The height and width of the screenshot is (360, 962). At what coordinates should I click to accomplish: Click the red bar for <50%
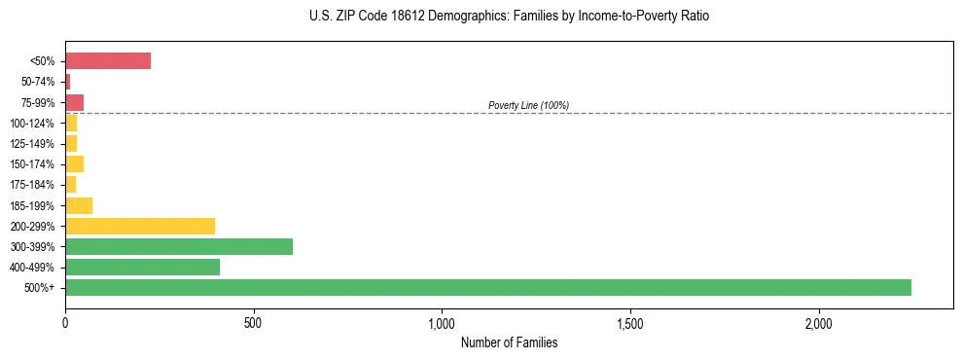(108, 61)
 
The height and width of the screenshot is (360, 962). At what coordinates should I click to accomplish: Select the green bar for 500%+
(488, 287)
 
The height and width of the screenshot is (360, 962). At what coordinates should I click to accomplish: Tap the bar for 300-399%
(179, 246)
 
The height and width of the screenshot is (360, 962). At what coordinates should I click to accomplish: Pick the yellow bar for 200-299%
(140, 226)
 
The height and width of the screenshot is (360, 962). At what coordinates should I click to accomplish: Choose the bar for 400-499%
(142, 267)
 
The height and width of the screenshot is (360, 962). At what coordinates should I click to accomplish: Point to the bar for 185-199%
(79, 205)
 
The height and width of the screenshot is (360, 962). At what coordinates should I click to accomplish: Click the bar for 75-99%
(74, 102)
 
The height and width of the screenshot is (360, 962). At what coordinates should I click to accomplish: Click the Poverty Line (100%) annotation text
(528, 105)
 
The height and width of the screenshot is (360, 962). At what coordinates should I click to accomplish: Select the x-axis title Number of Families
(509, 342)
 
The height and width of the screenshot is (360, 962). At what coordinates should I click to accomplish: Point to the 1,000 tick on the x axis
(442, 322)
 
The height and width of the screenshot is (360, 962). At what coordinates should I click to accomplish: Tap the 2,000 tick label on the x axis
(818, 322)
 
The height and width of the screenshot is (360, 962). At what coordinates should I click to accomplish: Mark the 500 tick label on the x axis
(253, 322)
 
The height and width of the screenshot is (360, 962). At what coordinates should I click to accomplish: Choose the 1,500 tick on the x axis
(630, 322)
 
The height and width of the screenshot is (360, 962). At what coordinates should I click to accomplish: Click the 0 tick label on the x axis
(65, 322)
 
